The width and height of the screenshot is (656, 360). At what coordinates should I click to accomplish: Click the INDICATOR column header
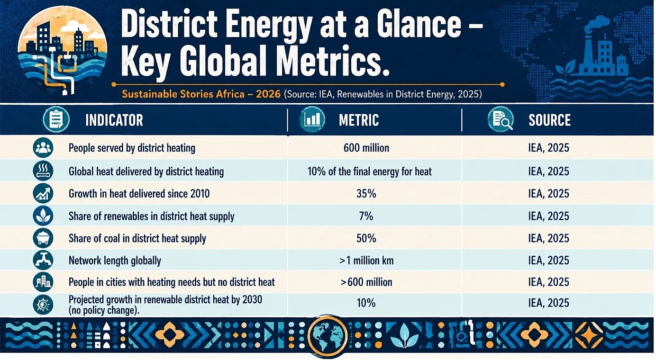click(x=114, y=120)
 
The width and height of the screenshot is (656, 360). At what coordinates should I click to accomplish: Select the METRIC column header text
click(x=359, y=120)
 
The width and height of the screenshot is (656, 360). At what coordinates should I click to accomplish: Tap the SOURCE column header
click(x=550, y=120)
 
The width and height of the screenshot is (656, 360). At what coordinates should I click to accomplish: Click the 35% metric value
click(x=366, y=194)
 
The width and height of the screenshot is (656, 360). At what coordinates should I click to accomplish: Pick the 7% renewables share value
click(x=366, y=216)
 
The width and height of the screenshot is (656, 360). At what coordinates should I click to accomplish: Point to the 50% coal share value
click(x=366, y=239)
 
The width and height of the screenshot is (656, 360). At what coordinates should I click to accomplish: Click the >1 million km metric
click(x=366, y=261)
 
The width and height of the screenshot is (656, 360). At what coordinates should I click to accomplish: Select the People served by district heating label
click(x=132, y=148)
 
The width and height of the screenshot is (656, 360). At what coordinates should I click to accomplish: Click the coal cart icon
click(x=43, y=238)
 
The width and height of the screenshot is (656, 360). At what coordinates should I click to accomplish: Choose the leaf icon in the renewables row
click(x=43, y=216)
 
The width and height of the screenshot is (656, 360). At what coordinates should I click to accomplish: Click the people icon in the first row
click(x=43, y=147)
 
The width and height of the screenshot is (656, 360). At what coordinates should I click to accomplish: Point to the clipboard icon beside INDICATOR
click(x=56, y=120)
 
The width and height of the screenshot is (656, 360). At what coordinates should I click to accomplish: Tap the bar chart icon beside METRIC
click(x=312, y=120)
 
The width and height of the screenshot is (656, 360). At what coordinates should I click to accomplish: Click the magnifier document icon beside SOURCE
click(x=501, y=120)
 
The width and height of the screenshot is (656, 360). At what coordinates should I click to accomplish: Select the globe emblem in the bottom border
click(x=328, y=336)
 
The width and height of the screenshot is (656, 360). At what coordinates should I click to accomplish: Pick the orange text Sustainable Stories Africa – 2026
click(x=201, y=94)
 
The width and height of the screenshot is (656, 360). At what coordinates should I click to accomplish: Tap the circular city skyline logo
click(x=62, y=50)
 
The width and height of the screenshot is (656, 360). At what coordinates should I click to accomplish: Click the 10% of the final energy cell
click(x=369, y=171)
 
